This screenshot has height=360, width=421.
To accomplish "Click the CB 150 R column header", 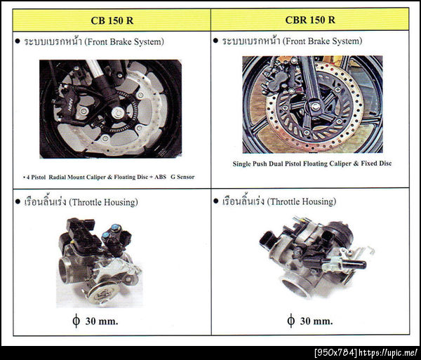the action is pyautogui.click(x=112, y=20).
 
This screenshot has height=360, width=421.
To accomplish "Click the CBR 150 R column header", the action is pyautogui.click(x=310, y=20).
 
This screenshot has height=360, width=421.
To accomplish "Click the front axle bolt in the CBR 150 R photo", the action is pyautogui.click(x=315, y=107).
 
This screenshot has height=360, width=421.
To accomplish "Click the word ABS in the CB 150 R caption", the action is pyautogui.click(x=160, y=177).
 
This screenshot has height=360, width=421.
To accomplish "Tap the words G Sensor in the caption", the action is pyautogui.click(x=182, y=177).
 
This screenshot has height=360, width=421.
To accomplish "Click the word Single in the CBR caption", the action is pyautogui.click(x=241, y=164).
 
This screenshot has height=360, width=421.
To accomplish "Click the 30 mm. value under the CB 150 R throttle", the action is pyautogui.click(x=102, y=321).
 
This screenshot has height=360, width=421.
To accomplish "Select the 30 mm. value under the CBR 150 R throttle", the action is pyautogui.click(x=316, y=321).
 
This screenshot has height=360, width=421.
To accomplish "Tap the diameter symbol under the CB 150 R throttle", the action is pyautogui.click(x=76, y=321).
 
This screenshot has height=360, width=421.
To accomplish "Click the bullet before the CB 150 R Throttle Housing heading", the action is pyautogui.click(x=18, y=201).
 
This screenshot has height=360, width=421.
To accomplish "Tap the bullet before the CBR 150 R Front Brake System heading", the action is pyautogui.click(x=215, y=41).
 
